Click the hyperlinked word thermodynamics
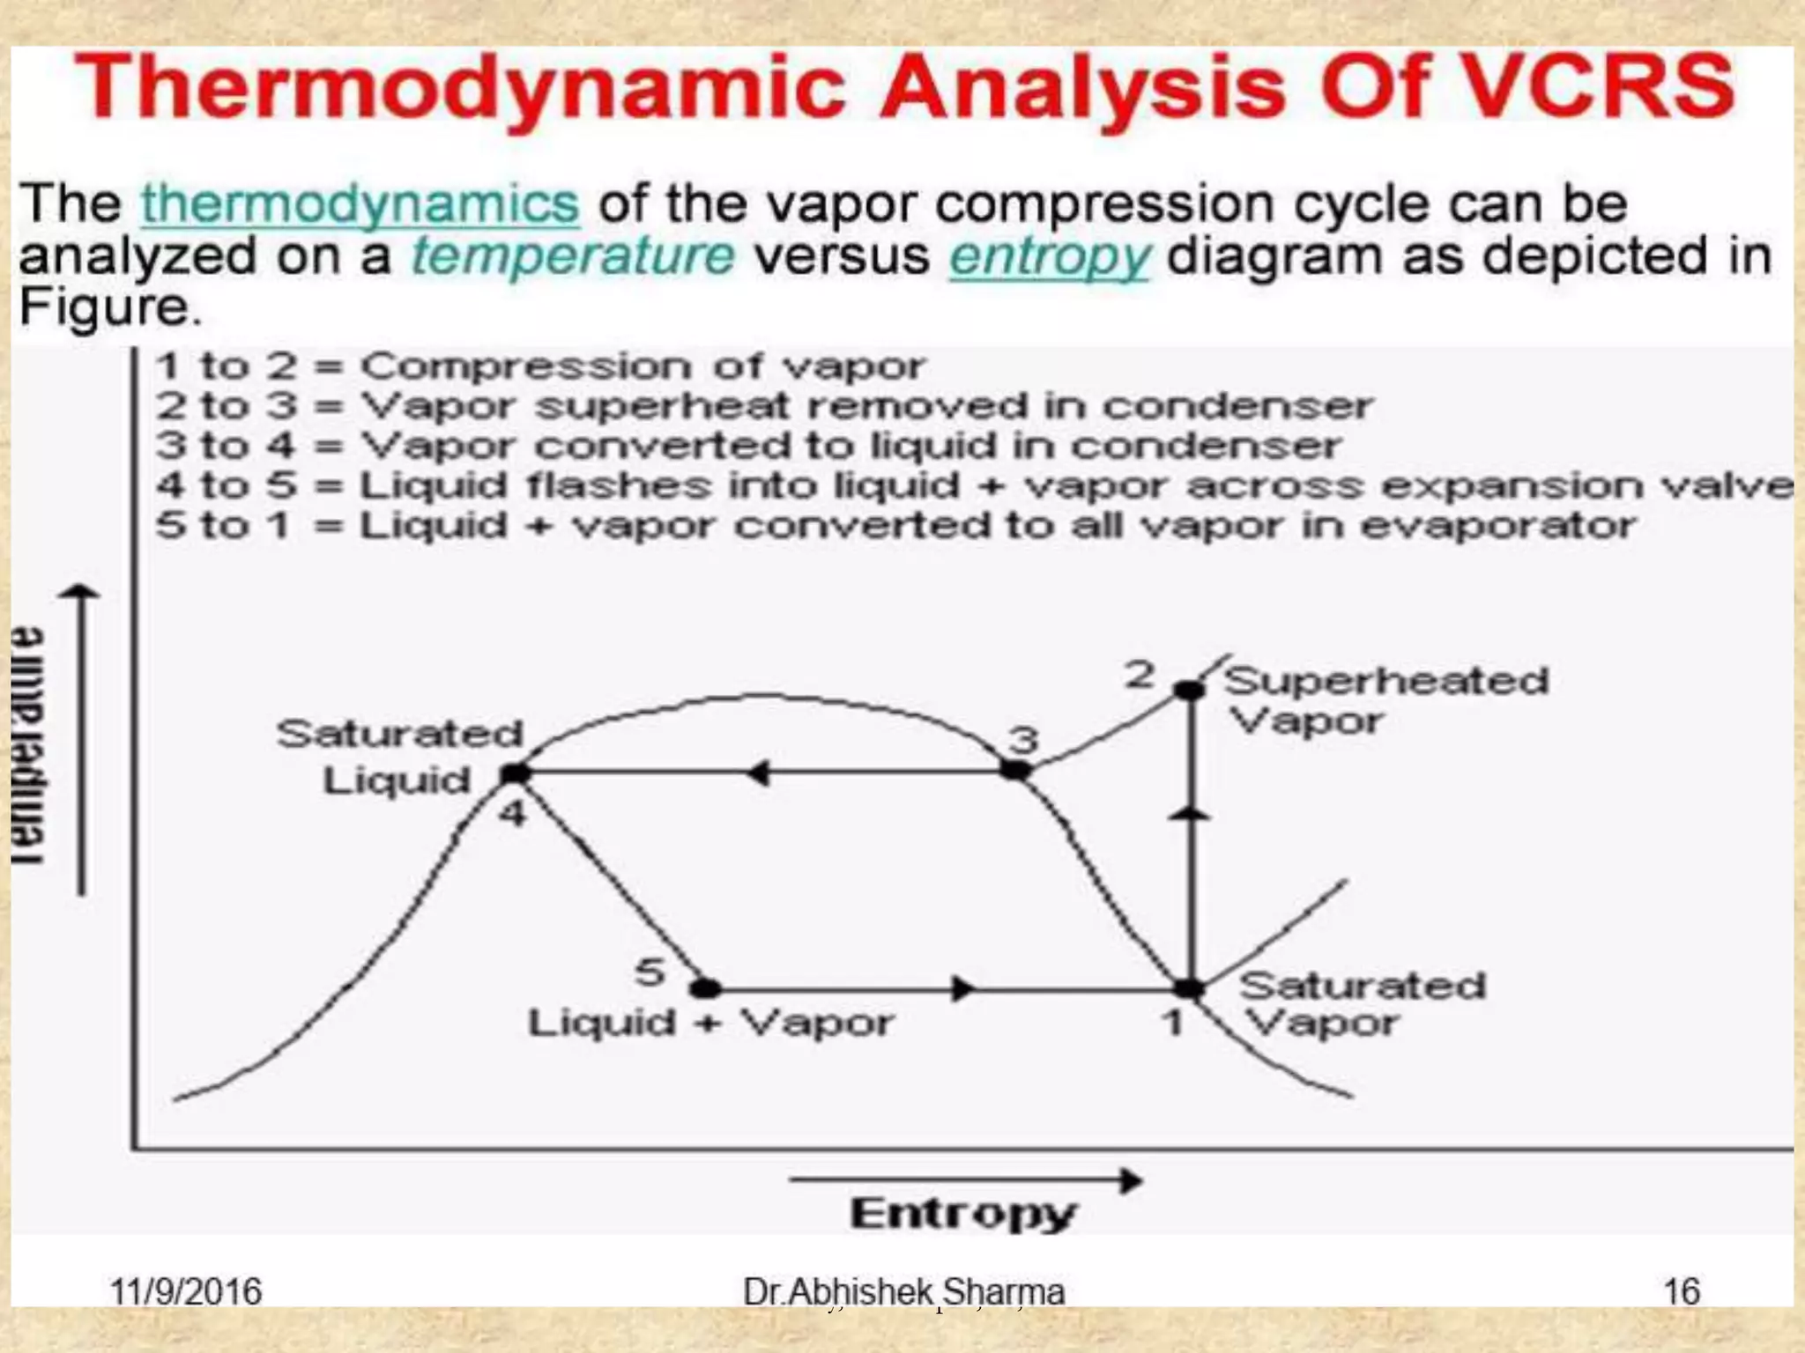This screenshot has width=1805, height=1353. [360, 203]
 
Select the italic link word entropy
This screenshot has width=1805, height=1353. [1049, 256]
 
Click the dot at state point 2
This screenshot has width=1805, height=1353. [1189, 690]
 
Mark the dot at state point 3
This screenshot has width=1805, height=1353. [1015, 771]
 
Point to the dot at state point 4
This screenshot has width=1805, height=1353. [516, 773]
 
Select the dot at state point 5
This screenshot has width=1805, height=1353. [705, 988]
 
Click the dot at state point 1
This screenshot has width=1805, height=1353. [1189, 988]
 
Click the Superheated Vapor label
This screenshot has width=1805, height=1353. [1384, 700]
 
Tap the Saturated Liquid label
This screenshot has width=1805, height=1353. [399, 757]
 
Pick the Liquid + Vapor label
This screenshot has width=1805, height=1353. [710, 1024]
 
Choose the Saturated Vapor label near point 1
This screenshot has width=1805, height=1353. [1362, 1004]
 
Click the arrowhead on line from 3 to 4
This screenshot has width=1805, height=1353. [758, 773]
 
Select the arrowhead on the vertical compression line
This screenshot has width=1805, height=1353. [1190, 814]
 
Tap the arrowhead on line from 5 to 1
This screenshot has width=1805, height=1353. [964, 988]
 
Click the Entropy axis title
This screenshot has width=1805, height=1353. [962, 1214]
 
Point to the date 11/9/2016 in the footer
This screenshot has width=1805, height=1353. [185, 1292]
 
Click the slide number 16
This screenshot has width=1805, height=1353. [1681, 1292]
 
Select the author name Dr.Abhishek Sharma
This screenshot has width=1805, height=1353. [903, 1292]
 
